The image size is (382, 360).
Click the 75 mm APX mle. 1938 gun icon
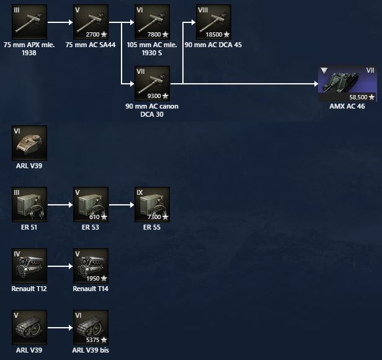click(x=29, y=22)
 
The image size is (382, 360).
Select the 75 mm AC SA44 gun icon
click(x=91, y=22)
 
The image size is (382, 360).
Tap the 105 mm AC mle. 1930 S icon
click(x=153, y=22)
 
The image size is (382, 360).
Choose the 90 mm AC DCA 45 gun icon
click(x=213, y=22)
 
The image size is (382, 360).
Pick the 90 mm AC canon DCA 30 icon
click(x=153, y=83)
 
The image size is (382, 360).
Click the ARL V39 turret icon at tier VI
click(x=29, y=143)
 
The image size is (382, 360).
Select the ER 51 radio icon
click(x=29, y=204)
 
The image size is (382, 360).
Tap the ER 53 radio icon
click(x=91, y=204)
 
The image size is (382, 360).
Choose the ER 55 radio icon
click(x=153, y=204)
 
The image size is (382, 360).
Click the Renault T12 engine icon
click(x=29, y=266)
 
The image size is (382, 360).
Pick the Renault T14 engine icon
click(x=91, y=266)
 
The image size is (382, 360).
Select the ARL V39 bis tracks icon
click(x=91, y=326)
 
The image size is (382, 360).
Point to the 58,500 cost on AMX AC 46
click(x=359, y=97)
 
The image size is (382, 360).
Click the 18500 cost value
click(x=213, y=35)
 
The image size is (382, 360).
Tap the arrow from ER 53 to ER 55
click(x=122, y=204)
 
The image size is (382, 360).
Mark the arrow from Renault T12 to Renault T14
click(x=60, y=266)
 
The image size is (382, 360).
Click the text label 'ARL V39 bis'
click(x=91, y=350)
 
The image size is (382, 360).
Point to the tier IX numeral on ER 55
click(x=140, y=192)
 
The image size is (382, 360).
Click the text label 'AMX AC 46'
click(x=347, y=107)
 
